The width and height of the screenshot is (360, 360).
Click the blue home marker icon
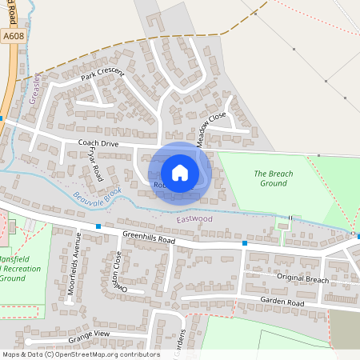pos(180,172)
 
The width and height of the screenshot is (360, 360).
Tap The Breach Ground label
pos(274,178)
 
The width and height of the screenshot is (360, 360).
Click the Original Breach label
pos(303,280)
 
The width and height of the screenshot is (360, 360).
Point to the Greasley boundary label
pos(34,90)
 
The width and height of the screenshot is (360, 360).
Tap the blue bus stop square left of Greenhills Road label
pos(98,227)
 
